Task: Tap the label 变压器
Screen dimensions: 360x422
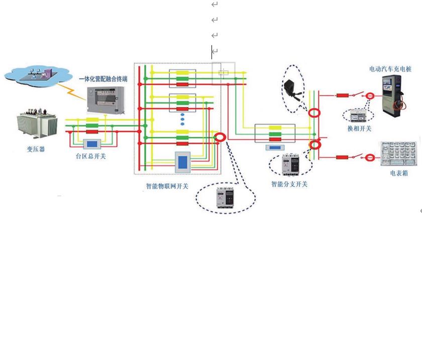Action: click(x=36, y=149)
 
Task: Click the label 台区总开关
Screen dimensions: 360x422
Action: click(x=90, y=156)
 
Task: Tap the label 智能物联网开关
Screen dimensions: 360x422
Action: click(x=167, y=186)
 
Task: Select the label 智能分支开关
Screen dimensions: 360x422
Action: click(x=289, y=184)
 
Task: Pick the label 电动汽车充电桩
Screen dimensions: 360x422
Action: click(x=390, y=68)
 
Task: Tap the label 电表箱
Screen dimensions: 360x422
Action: click(x=398, y=173)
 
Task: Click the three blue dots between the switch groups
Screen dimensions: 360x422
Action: click(x=182, y=119)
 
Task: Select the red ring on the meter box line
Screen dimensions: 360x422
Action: click(x=370, y=158)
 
